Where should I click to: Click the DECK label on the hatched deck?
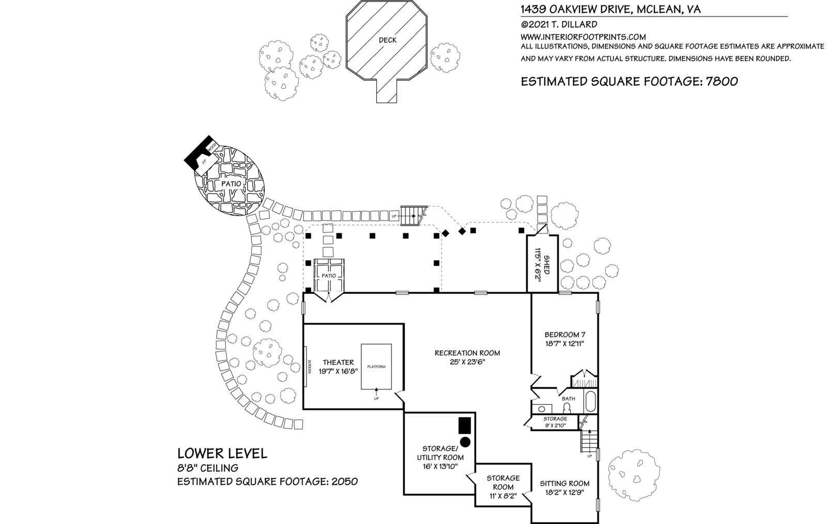(387, 40)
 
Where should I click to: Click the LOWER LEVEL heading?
(222, 453)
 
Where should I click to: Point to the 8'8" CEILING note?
(208, 468)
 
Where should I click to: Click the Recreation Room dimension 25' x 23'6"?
(467, 362)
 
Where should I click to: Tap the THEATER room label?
(338, 362)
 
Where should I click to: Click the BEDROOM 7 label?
(565, 335)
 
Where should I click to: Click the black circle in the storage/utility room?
(465, 442)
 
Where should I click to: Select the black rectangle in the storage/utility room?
(464, 425)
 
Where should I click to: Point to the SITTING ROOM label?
(564, 484)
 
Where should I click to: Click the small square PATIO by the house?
(329, 276)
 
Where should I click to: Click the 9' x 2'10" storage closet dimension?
(556, 425)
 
